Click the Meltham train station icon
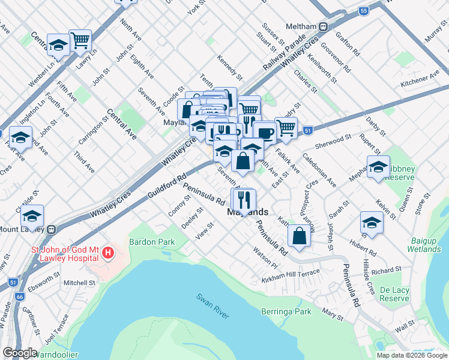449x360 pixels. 323,26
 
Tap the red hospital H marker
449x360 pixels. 107,253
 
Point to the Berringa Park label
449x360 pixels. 286,311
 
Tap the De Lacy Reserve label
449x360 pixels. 394,294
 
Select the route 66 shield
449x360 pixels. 20,296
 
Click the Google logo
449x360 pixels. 20,353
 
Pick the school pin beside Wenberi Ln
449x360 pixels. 58,44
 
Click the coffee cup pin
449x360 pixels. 264,131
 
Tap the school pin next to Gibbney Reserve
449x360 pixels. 378,166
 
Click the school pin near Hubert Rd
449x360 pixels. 372,223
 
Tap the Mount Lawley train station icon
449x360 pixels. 52,229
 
